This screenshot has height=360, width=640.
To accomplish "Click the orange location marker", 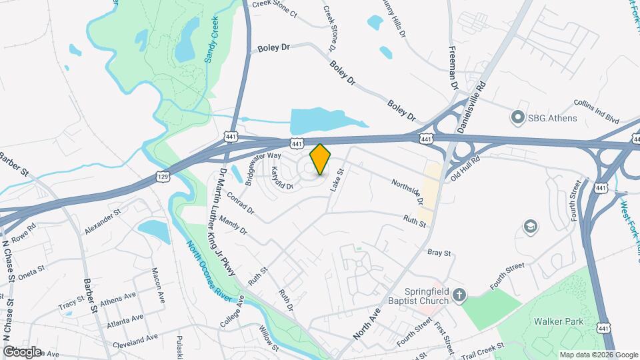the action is (x=320, y=159).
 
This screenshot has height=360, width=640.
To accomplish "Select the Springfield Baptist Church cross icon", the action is (x=460, y=295).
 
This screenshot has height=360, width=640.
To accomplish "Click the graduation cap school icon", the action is (x=531, y=227).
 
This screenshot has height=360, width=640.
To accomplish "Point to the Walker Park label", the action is (x=559, y=321).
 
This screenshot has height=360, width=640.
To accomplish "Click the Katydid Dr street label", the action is (x=282, y=179).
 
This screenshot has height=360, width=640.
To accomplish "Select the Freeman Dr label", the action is (x=454, y=73).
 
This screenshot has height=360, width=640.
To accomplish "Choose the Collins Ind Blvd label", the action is (x=597, y=111).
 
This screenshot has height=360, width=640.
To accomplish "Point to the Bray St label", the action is (x=439, y=253).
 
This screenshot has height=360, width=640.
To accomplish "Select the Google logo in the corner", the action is (x=22, y=351).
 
